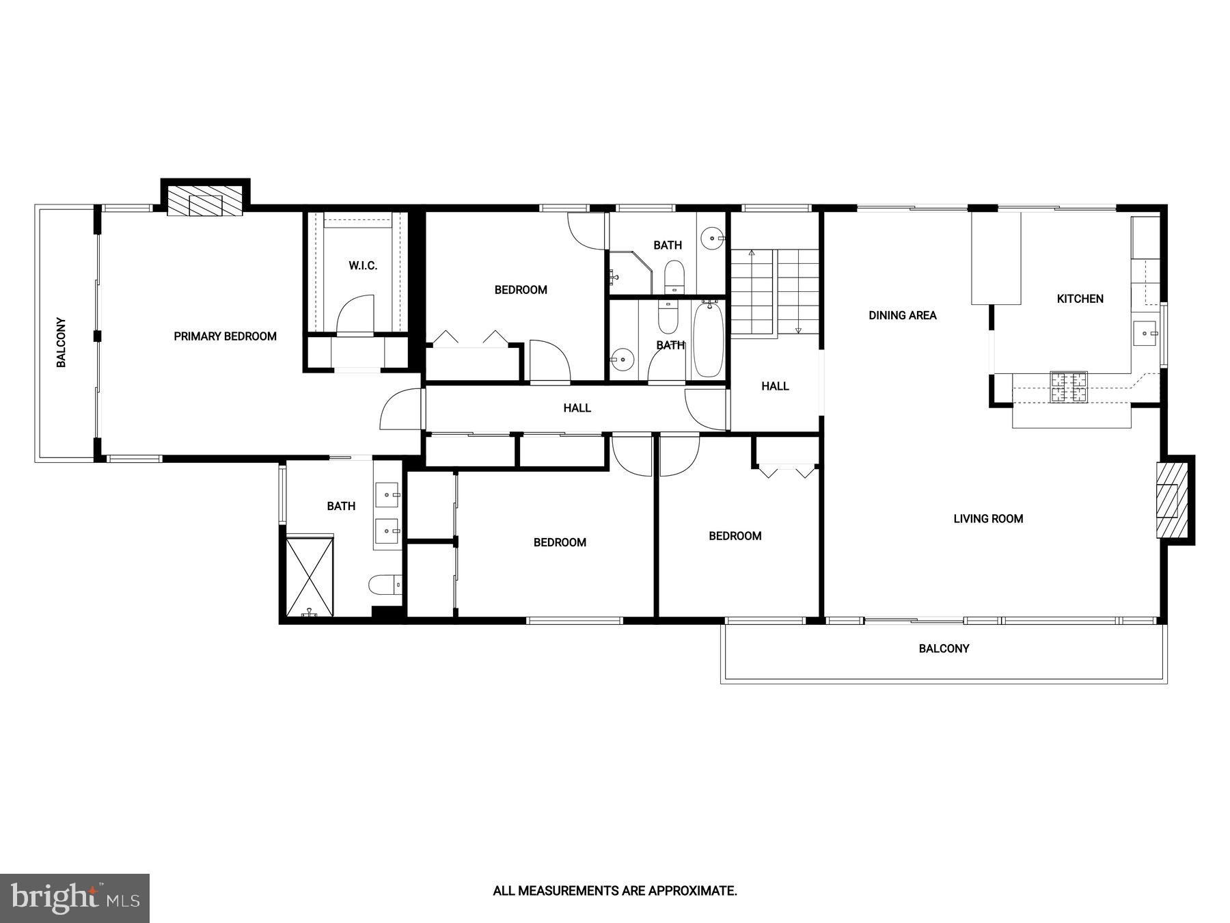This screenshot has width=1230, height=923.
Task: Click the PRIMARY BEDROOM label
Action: (x=225, y=336)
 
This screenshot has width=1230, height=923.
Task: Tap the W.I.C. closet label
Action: (x=363, y=265)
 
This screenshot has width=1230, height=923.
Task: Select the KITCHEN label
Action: (x=1080, y=299)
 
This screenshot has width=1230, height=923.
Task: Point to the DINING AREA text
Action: (x=902, y=315)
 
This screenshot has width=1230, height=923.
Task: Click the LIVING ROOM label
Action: (x=988, y=519)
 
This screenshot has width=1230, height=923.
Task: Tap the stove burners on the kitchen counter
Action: (x=1068, y=387)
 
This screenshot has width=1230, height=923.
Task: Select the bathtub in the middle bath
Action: (x=708, y=339)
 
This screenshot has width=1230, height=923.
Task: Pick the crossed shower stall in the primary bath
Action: (x=310, y=576)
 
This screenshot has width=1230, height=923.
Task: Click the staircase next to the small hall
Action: (x=774, y=293)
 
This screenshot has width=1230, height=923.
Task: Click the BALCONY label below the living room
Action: (x=944, y=649)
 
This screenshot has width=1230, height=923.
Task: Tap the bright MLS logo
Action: (x=74, y=898)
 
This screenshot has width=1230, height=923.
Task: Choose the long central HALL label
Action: (x=577, y=408)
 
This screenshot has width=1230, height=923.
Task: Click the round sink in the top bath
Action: (x=715, y=239)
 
